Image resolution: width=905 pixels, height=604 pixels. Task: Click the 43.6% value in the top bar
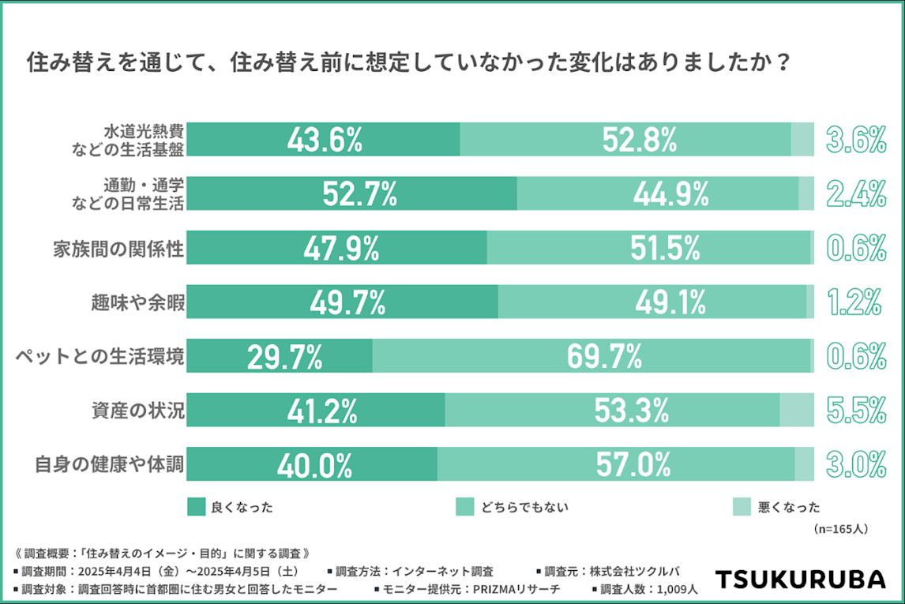pos(325,140)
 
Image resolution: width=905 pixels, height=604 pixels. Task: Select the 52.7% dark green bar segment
pos(352,194)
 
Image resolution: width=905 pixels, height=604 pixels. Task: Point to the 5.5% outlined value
pos(856,411)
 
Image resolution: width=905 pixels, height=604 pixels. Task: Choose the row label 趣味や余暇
pos(137,302)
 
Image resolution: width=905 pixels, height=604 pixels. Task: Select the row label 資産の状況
pos(137,411)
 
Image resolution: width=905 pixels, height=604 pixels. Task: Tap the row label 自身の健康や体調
pos(110,465)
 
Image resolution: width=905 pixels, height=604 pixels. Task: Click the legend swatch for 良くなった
pos(196,507)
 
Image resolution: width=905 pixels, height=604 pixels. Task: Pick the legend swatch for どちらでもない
pos(466,507)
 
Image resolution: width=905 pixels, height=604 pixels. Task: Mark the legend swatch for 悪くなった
pos(742,507)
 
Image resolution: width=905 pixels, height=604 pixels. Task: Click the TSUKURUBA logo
pos(800,579)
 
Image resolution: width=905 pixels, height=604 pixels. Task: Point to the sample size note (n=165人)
pos(839,529)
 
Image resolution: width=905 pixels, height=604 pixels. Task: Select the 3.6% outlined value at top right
pos(856,140)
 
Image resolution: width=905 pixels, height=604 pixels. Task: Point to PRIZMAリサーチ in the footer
pos(513,589)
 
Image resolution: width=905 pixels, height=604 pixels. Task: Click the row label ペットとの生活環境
pos(100,357)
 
